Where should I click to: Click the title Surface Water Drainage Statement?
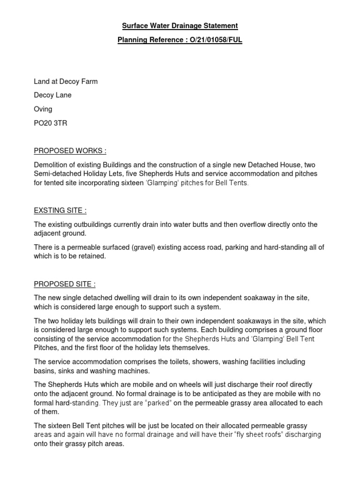180,26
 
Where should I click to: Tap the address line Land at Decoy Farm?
66,82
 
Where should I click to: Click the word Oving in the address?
43,109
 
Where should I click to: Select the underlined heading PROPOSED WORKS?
70,150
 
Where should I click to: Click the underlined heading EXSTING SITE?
60,211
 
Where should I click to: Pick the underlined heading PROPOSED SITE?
65,284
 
